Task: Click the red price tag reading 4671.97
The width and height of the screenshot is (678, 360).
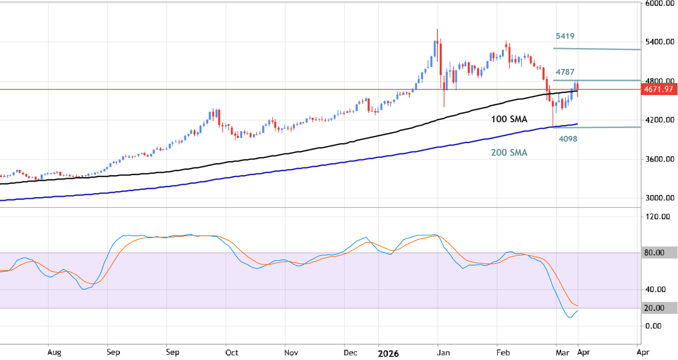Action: [659, 89]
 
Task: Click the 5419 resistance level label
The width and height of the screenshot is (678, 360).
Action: [565, 36]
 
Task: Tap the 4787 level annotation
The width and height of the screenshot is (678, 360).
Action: [565, 72]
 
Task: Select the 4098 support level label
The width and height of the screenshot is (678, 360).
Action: [567, 139]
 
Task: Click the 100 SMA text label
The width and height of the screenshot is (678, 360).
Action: [509, 119]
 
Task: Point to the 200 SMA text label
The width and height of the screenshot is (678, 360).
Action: [509, 152]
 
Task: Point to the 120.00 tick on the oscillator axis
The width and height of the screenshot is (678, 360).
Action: [658, 217]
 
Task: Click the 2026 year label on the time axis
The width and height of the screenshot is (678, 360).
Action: [388, 354]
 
